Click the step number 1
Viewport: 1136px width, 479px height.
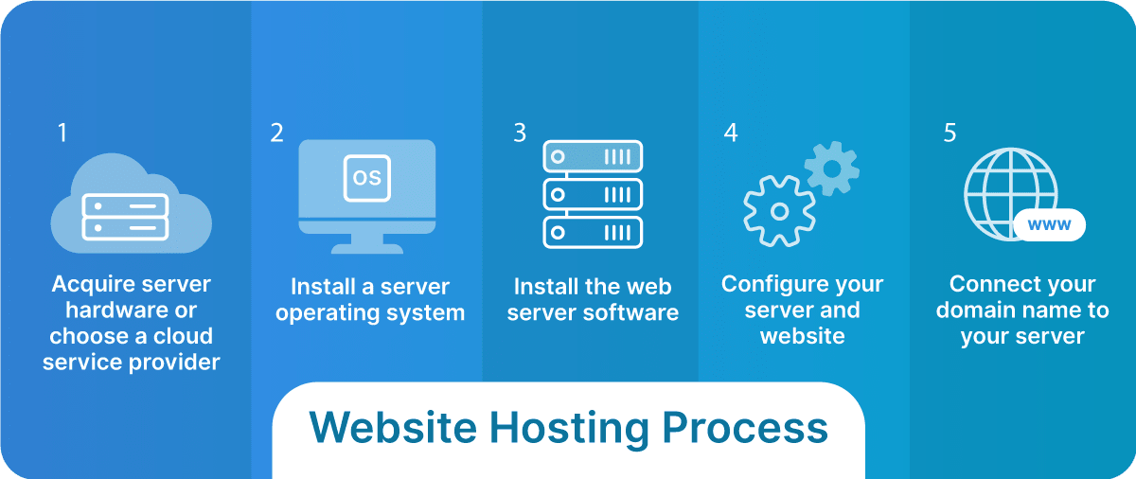tap(62, 133)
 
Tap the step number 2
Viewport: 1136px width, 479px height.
tap(276, 133)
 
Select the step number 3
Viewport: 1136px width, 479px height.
tap(520, 133)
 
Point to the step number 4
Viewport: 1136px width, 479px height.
tap(731, 133)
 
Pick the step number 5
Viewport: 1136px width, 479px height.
tap(950, 133)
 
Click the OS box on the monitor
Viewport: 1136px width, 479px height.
tap(366, 177)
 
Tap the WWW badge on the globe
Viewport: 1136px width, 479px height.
tap(1048, 225)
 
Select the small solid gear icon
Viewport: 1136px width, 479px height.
tap(832, 169)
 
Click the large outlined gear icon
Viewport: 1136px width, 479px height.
tap(779, 211)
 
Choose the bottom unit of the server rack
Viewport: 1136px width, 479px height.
tap(593, 232)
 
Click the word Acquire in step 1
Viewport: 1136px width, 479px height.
tap(91, 285)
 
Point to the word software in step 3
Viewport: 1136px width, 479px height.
tap(634, 312)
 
